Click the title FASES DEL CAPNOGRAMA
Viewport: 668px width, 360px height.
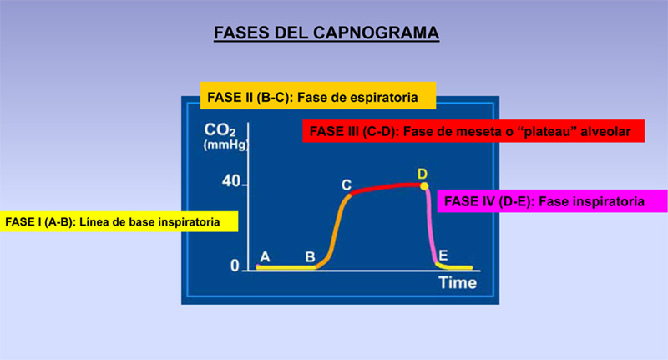coord(326,33)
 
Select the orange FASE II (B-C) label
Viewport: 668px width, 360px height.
coord(317,97)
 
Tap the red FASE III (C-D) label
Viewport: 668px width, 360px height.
coord(473,131)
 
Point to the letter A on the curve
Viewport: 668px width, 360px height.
coord(265,257)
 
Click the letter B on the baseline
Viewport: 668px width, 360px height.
coord(310,257)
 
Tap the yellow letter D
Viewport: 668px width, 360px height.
coord(423,173)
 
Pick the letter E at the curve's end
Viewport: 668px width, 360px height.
coord(443,255)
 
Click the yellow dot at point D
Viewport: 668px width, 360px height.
coord(424,185)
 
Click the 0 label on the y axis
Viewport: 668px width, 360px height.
coord(235,266)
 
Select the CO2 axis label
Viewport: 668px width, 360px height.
coord(220,131)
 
